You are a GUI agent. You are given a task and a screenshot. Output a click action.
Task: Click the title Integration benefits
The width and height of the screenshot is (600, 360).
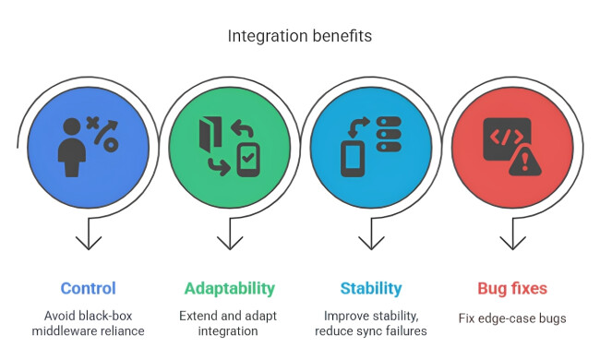300,37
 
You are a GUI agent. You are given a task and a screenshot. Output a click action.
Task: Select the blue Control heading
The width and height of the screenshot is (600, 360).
88,288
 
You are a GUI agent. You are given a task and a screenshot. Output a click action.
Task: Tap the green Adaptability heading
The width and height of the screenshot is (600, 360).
229,288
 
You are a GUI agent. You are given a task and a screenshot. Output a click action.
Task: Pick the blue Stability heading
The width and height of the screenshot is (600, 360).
371,288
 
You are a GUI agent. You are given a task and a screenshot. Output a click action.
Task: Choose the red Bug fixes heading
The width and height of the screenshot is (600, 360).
512,288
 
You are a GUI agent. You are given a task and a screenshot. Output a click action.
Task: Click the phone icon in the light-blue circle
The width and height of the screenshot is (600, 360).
354,156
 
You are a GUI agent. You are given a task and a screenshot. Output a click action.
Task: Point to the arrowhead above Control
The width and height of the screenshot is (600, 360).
88,242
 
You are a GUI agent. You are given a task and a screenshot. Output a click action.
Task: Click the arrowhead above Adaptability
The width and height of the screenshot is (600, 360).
229,242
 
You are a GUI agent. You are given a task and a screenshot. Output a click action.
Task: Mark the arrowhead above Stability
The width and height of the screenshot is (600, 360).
371,242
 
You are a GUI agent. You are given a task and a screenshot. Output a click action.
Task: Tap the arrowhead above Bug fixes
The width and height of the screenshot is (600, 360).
512,242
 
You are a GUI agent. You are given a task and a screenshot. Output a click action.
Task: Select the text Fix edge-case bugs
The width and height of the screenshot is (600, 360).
512,318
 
